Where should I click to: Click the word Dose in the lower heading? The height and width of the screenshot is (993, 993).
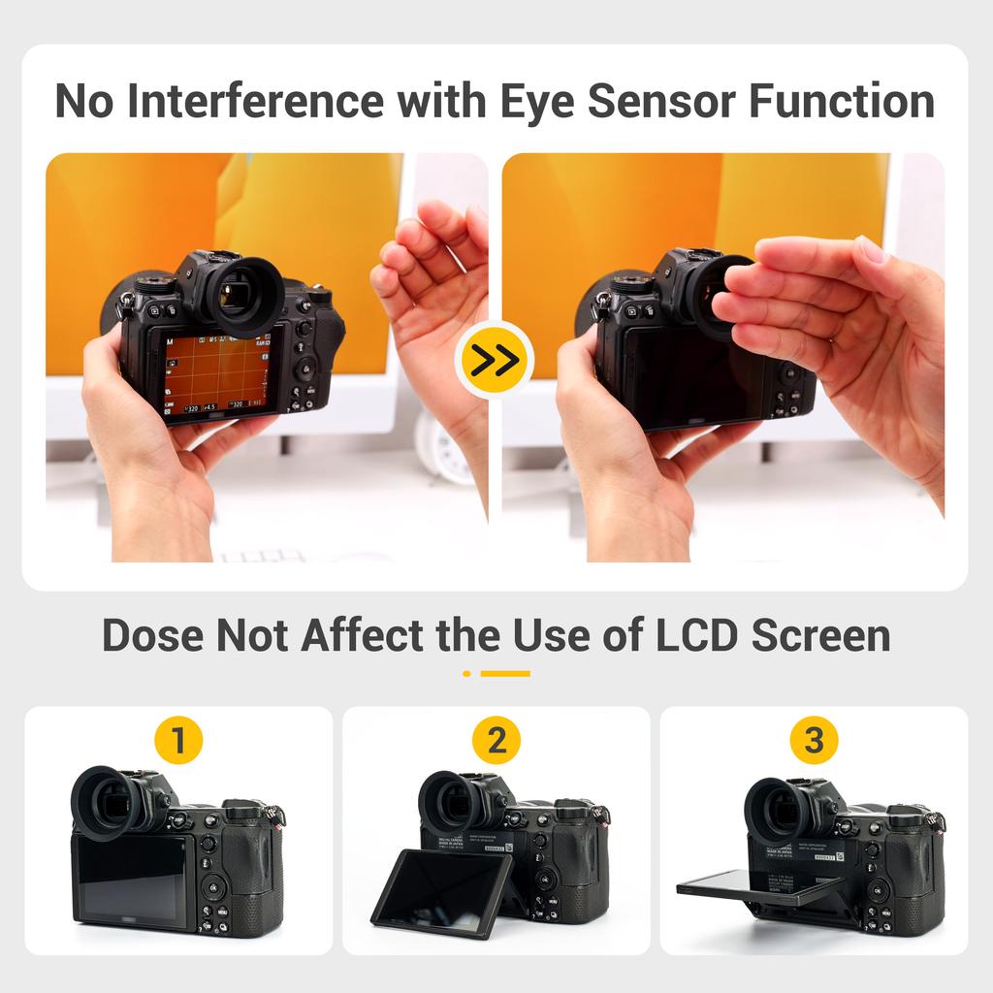point(151,636)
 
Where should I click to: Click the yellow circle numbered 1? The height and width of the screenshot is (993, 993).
point(178,742)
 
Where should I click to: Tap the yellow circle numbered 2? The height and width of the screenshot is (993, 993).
point(496,742)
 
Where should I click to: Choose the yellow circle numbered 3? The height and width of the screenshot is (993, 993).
point(815,742)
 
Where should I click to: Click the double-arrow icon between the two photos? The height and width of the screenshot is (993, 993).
point(495,360)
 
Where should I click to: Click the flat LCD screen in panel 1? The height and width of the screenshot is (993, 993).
point(131,879)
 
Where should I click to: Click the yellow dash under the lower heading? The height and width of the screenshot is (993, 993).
point(504,673)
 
